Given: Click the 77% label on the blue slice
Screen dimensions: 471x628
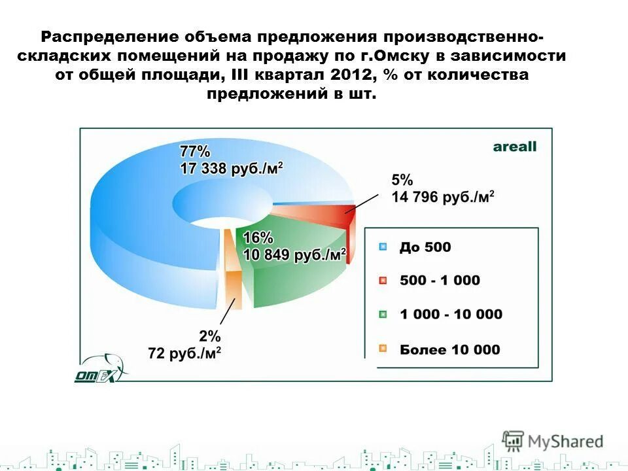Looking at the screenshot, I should [x=195, y=151].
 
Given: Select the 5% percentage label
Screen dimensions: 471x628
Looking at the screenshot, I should [x=402, y=179].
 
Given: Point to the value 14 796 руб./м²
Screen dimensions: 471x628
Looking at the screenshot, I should [x=443, y=196].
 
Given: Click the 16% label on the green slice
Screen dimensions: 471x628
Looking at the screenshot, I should [x=258, y=237].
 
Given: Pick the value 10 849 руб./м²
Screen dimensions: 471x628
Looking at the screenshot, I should [x=293, y=254].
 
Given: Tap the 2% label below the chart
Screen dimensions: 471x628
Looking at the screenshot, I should [x=210, y=336].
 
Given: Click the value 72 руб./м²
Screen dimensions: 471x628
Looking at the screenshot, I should [x=184, y=354].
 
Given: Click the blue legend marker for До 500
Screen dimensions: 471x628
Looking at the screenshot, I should [x=384, y=247].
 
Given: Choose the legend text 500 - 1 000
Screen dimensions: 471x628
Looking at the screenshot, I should [x=440, y=281].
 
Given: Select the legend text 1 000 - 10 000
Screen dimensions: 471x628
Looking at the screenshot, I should [x=451, y=315].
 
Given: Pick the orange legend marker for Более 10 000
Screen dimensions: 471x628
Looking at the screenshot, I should [x=384, y=349].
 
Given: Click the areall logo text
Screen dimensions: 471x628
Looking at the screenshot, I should [x=514, y=147].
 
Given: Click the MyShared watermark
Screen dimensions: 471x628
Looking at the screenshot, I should [x=553, y=442].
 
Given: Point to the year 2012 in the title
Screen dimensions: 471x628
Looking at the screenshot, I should [x=353, y=75].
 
